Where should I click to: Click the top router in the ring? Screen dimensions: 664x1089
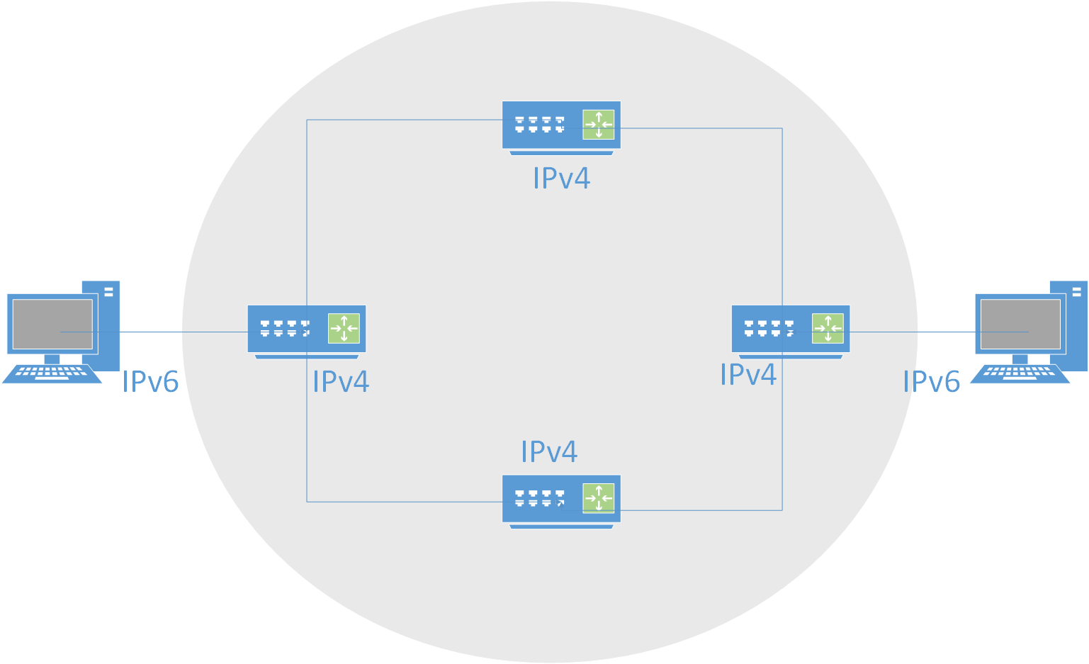[x=561, y=125]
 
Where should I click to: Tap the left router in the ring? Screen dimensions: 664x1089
[x=306, y=330]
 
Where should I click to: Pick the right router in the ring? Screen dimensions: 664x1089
[x=790, y=330]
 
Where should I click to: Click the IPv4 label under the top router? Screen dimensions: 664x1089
[x=561, y=179]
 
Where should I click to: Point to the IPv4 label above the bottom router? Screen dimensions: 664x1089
[x=549, y=451]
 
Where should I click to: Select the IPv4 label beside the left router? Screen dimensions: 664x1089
[x=341, y=382]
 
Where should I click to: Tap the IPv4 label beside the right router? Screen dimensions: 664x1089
[x=748, y=375]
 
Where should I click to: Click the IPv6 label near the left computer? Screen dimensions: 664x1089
[x=150, y=382]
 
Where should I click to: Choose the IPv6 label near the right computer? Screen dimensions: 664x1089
[x=931, y=382]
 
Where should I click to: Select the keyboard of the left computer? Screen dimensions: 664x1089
[x=52, y=374]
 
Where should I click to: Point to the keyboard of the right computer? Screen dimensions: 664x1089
[x=1020, y=374]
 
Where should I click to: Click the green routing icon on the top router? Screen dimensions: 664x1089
[x=599, y=125]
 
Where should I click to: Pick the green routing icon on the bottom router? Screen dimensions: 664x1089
[x=599, y=498]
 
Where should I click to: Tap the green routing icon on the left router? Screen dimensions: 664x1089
[x=344, y=329]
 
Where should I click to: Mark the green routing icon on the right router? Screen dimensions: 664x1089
[x=828, y=329]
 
